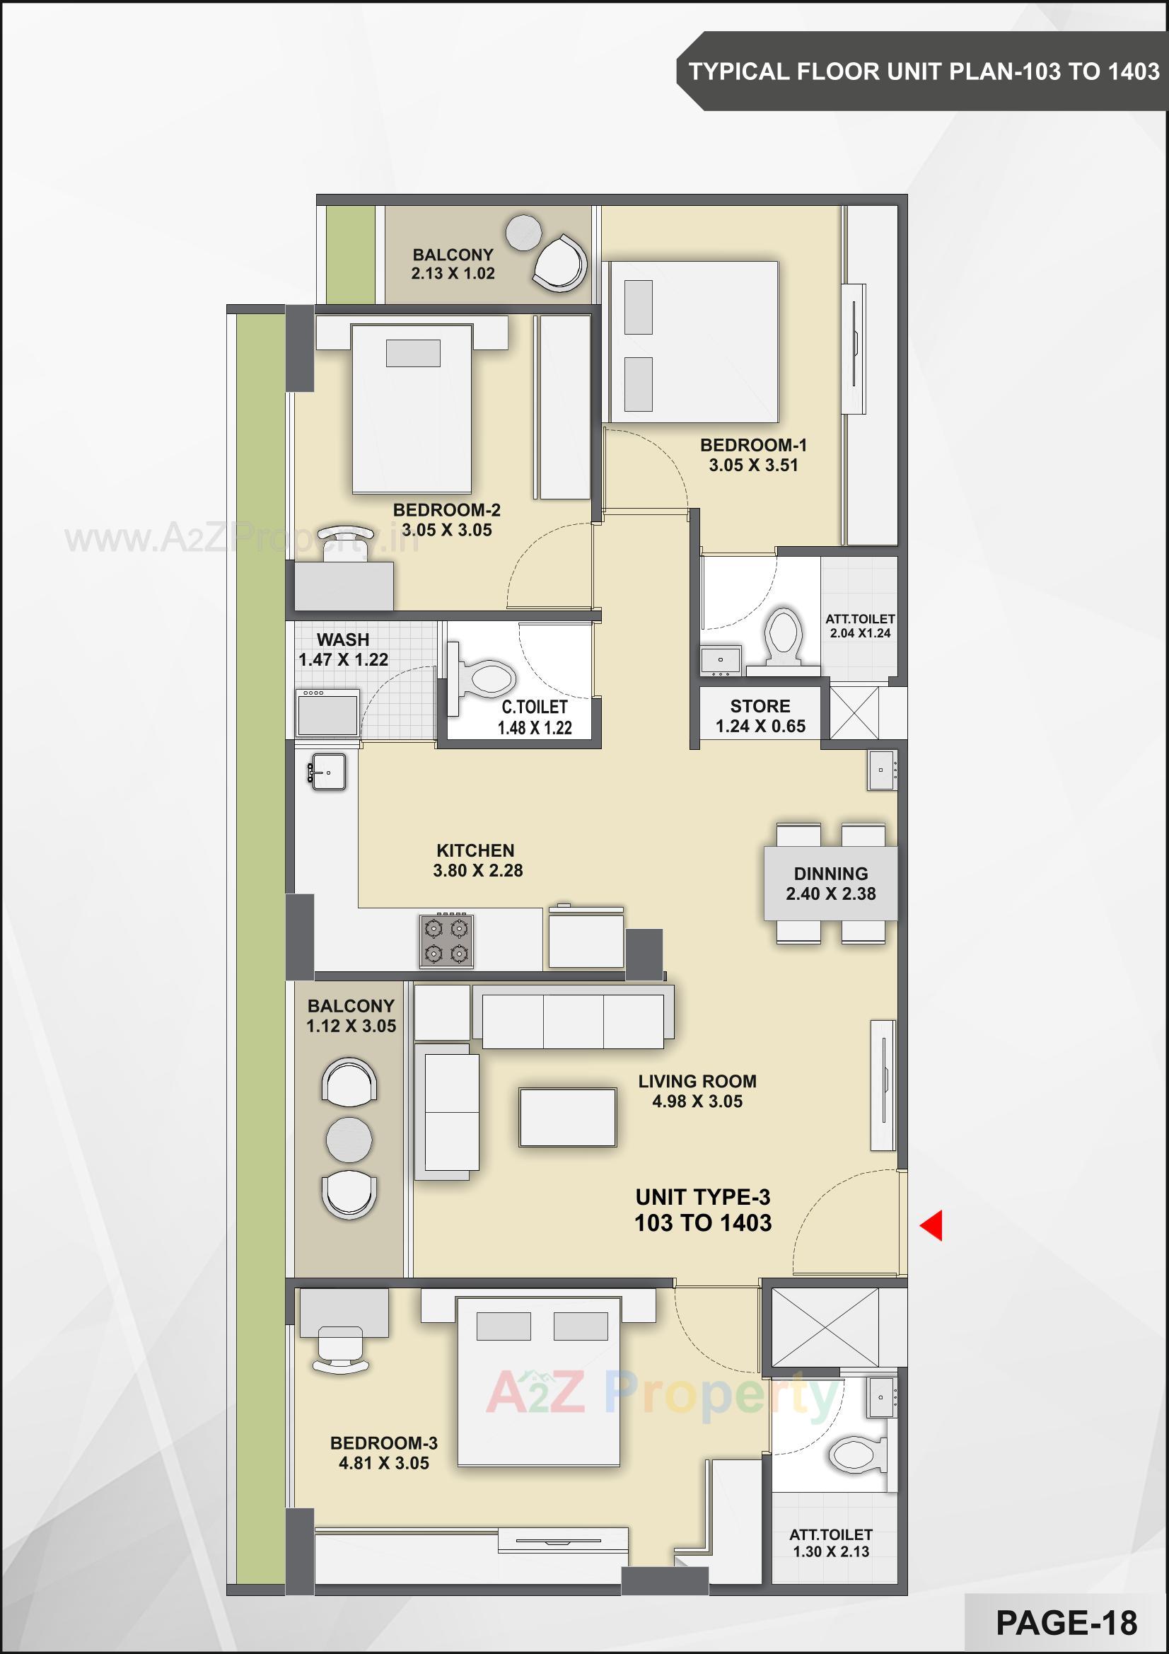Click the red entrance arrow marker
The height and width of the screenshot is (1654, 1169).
[x=932, y=1225]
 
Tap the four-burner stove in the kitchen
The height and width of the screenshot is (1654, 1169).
[x=446, y=941]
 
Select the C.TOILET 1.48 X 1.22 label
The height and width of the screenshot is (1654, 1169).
[x=535, y=717]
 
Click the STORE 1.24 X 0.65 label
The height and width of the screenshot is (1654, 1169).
[x=760, y=716]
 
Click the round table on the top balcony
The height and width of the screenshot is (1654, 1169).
[x=523, y=232]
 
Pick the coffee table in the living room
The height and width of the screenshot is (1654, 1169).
[x=568, y=1117]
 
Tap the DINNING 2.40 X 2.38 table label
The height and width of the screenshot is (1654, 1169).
[x=830, y=884]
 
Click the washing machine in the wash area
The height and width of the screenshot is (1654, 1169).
[x=327, y=713]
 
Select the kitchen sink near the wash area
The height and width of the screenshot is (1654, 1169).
[x=327, y=772]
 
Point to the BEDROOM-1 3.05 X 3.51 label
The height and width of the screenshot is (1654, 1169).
[x=753, y=456]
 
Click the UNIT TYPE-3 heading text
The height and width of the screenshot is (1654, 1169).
[x=702, y=1197]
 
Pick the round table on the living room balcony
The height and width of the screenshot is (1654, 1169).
[x=349, y=1140]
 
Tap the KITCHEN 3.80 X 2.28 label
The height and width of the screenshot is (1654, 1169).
[x=477, y=860]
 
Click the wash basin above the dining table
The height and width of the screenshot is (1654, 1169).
[x=883, y=770]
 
